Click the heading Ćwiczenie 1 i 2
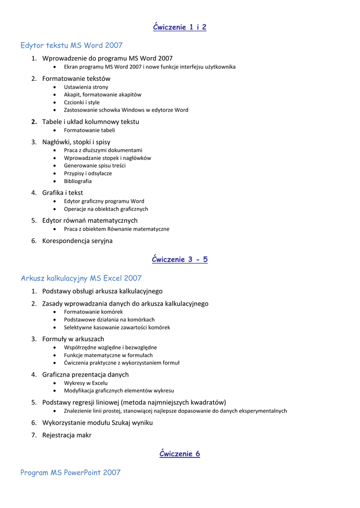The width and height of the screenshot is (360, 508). pyautogui.click(x=179, y=27)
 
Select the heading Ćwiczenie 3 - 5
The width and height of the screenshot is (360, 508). pyautogui.click(x=179, y=259)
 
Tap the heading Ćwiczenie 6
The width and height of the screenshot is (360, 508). pyautogui.click(x=179, y=454)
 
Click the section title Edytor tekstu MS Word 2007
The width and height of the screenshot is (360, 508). pyautogui.click(x=72, y=46)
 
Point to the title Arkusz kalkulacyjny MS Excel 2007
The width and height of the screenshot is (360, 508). pyautogui.click(x=81, y=278)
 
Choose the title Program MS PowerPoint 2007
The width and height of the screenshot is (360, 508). pyautogui.click(x=71, y=473)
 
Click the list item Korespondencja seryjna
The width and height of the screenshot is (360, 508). pyautogui.click(x=77, y=241)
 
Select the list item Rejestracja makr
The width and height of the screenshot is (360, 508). pyautogui.click(x=67, y=435)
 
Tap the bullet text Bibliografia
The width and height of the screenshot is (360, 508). pyautogui.click(x=77, y=181)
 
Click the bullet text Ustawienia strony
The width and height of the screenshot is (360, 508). pyautogui.click(x=86, y=87)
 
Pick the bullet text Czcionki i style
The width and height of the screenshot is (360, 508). pyautogui.click(x=81, y=102)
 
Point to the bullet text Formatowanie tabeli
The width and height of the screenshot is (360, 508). pyautogui.click(x=89, y=130)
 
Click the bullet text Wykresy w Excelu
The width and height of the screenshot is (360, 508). pyautogui.click(x=85, y=383)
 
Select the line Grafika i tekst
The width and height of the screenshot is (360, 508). pyautogui.click(x=63, y=192)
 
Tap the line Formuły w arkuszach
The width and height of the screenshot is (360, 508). pyautogui.click(x=73, y=339)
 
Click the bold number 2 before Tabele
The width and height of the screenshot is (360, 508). pyautogui.click(x=34, y=122)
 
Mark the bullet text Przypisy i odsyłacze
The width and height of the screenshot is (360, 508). pyautogui.click(x=88, y=174)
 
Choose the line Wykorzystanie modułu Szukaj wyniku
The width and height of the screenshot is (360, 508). pyautogui.click(x=97, y=423)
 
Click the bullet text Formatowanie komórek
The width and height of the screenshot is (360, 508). pyautogui.click(x=93, y=312)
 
